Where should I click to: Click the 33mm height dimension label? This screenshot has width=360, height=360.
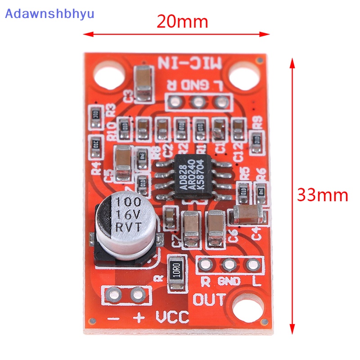[x=322, y=195]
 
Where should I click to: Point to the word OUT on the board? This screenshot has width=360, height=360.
[x=209, y=299]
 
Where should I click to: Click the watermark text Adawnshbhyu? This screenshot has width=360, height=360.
[x=49, y=13]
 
